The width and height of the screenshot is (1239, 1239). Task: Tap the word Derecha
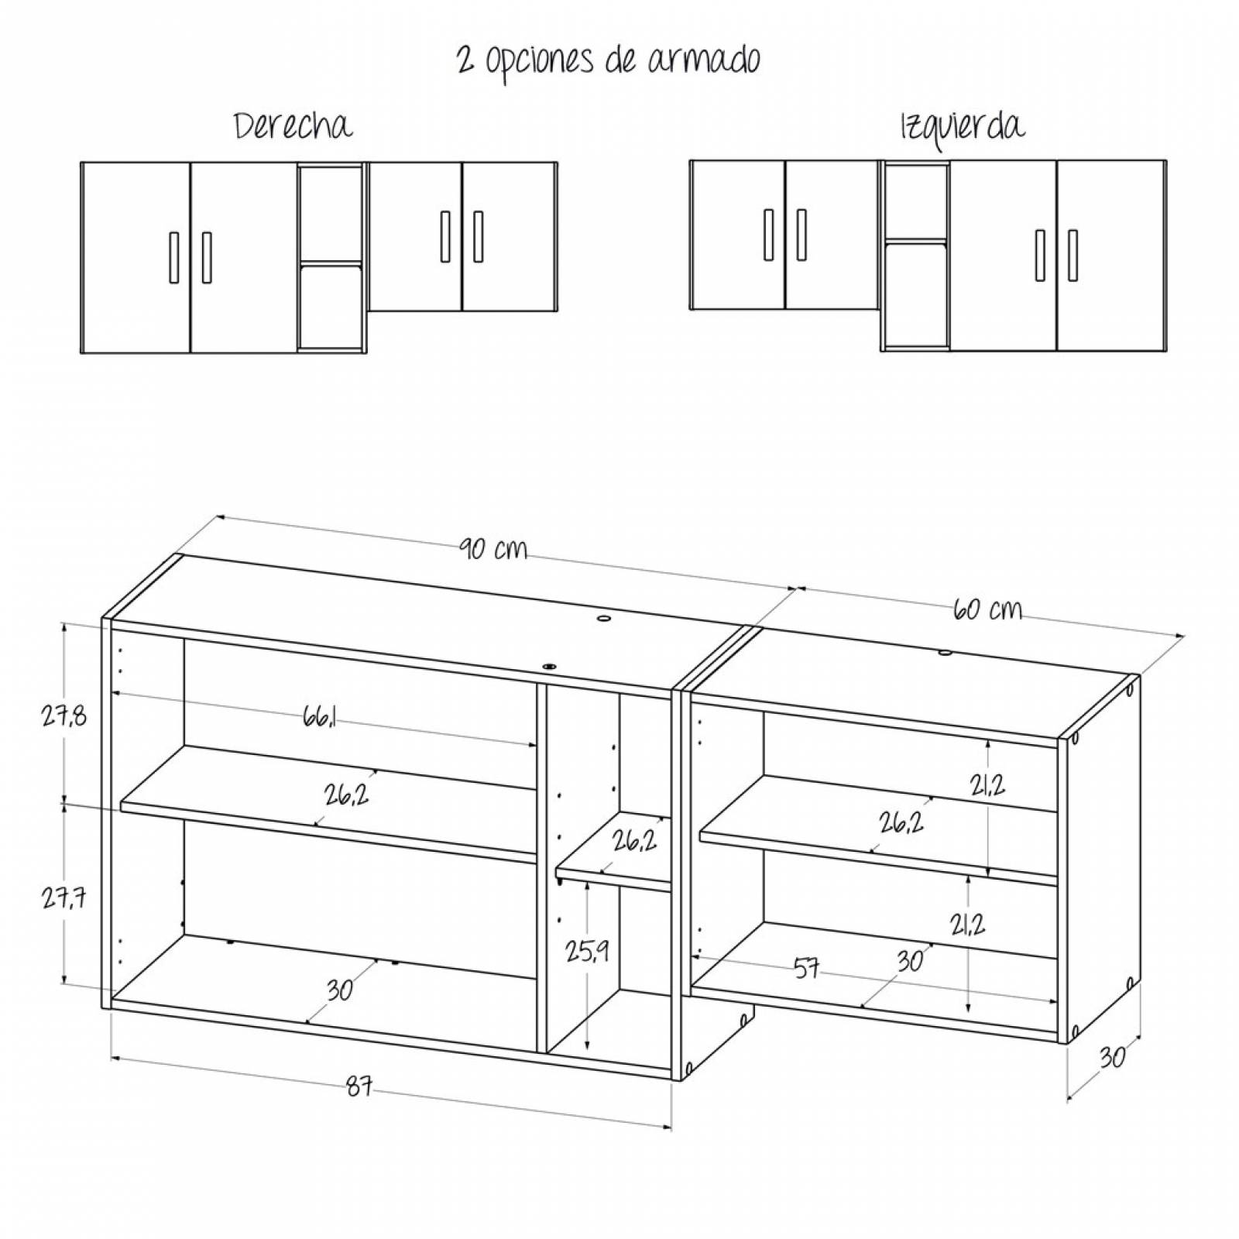point(293,126)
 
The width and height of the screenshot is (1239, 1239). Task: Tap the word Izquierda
point(962,126)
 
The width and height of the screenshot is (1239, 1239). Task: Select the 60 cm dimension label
point(987,609)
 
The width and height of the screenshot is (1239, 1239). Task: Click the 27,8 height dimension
point(64,716)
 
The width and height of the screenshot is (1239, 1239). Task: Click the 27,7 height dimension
point(64,898)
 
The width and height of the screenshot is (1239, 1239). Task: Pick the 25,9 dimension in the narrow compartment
point(586,951)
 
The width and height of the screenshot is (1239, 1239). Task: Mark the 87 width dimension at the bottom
point(359,1087)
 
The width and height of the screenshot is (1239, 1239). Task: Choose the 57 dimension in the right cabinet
point(806,968)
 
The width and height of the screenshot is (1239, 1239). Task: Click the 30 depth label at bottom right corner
point(1111,1057)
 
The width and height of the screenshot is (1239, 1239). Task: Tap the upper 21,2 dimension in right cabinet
point(987,785)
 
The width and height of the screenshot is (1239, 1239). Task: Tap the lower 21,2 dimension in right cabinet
point(968,924)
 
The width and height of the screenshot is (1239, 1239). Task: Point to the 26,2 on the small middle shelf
point(634,840)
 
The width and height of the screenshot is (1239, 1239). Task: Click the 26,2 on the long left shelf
point(347,795)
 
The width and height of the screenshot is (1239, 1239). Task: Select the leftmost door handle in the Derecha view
point(174,257)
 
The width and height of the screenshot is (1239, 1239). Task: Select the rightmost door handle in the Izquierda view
point(1073,255)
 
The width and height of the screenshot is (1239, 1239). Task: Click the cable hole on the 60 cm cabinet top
point(945,654)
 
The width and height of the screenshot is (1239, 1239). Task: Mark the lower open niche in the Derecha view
point(331,306)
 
